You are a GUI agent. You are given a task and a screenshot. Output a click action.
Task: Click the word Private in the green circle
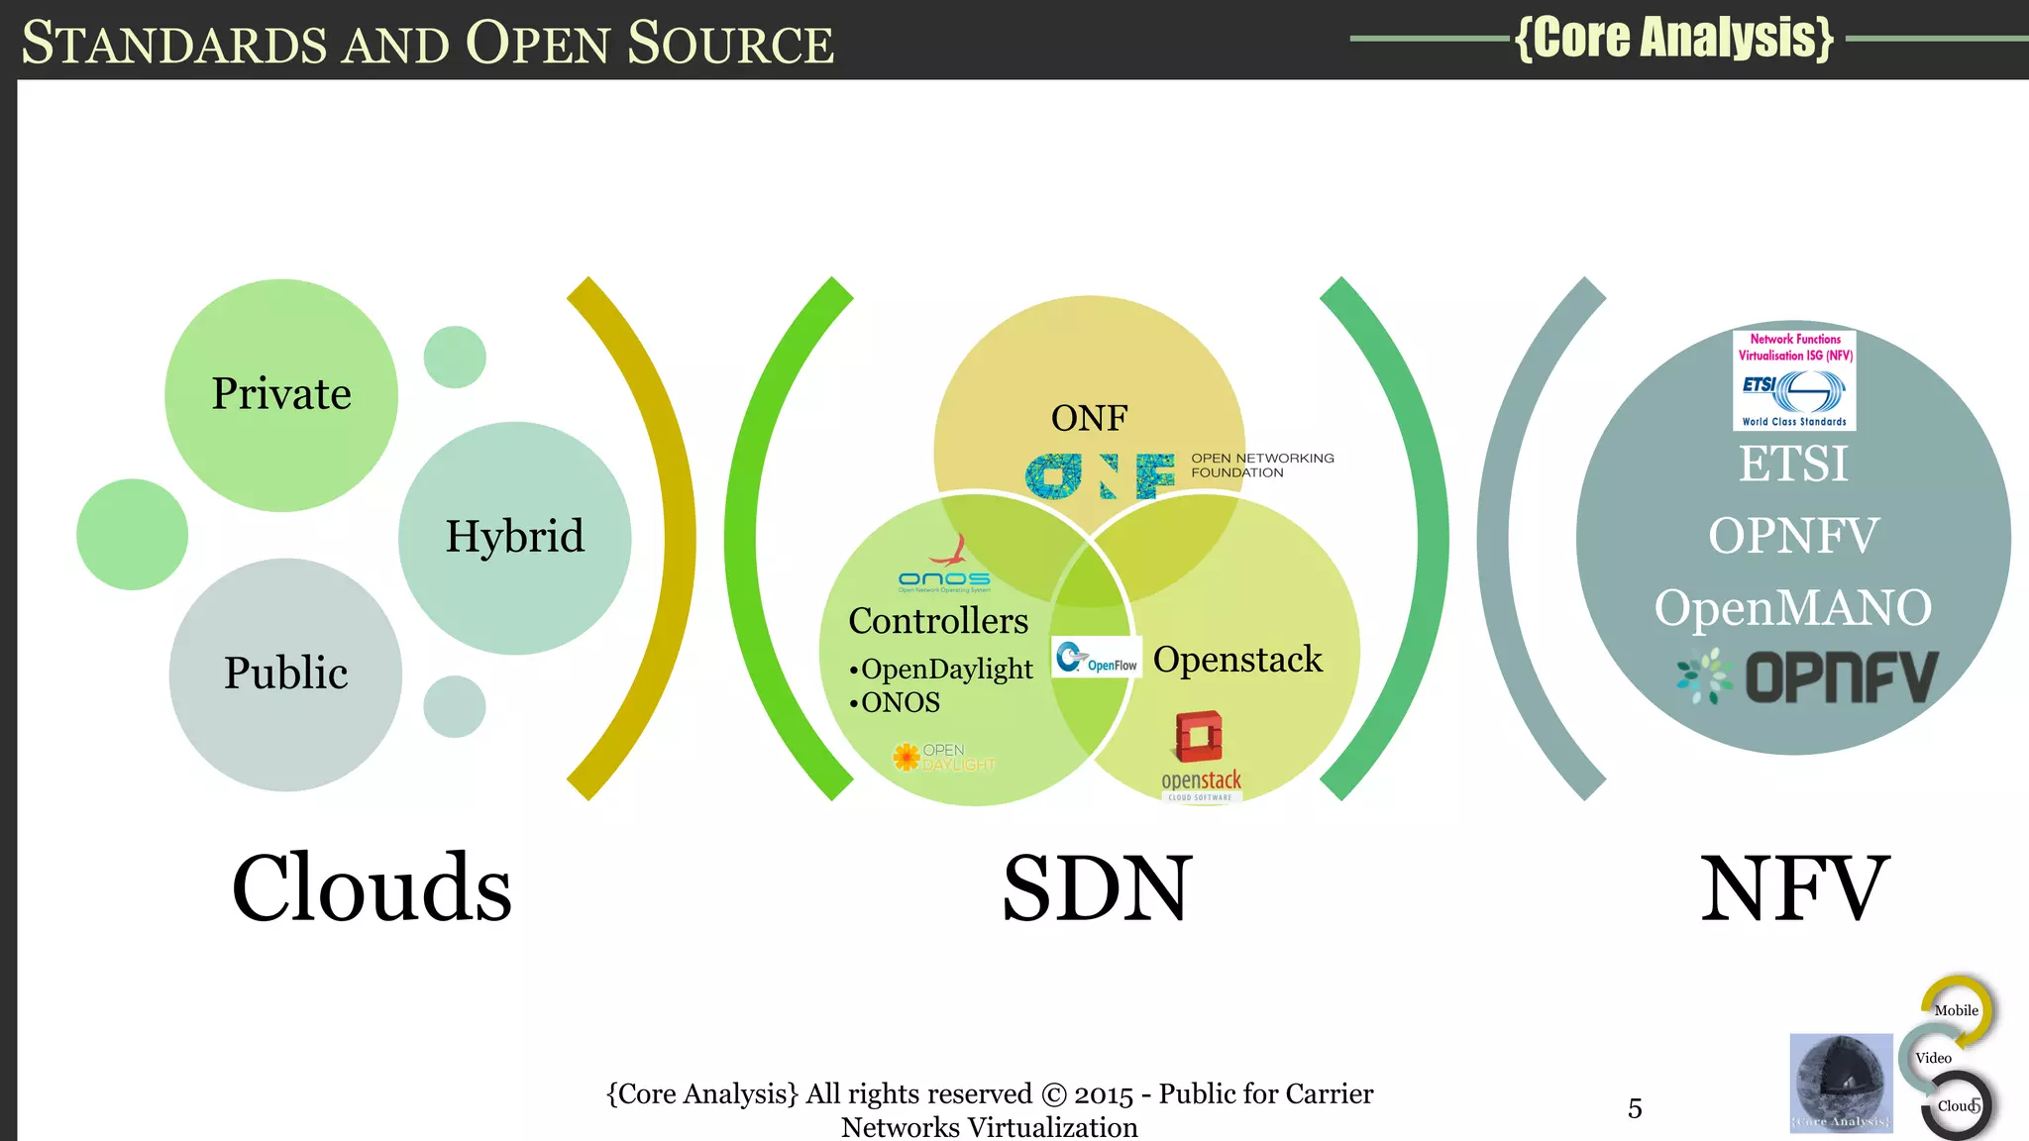point(281,394)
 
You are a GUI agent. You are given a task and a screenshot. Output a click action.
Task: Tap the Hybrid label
point(514,537)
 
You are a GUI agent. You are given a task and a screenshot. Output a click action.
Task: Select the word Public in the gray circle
point(285,673)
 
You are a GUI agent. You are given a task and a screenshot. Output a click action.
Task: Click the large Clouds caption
point(372,887)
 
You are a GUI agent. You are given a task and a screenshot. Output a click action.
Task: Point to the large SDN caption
point(1097,887)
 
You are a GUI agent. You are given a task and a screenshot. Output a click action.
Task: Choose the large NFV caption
point(1794,887)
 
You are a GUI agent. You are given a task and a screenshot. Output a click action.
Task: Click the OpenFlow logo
point(1097,658)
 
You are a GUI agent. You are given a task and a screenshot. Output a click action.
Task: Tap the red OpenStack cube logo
point(1199,736)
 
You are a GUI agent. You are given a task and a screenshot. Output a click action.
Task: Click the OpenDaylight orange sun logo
point(907,758)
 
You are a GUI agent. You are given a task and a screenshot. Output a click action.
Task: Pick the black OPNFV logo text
point(1841,677)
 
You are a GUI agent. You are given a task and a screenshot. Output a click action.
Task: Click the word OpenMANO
point(1793,607)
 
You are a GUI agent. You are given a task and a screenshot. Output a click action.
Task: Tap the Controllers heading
point(938,621)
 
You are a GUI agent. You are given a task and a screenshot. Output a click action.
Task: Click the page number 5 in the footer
point(1635,1108)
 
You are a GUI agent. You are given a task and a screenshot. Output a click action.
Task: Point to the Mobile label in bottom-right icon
point(1956,1010)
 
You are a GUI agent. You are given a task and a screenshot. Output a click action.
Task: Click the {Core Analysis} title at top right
point(1674,38)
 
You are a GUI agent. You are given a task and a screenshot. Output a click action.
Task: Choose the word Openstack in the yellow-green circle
point(1237,660)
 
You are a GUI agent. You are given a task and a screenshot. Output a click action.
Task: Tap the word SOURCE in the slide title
point(730,44)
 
